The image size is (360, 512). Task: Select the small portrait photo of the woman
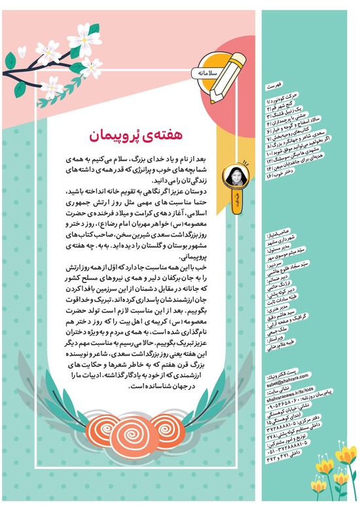pyautogui.click(x=233, y=175)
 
